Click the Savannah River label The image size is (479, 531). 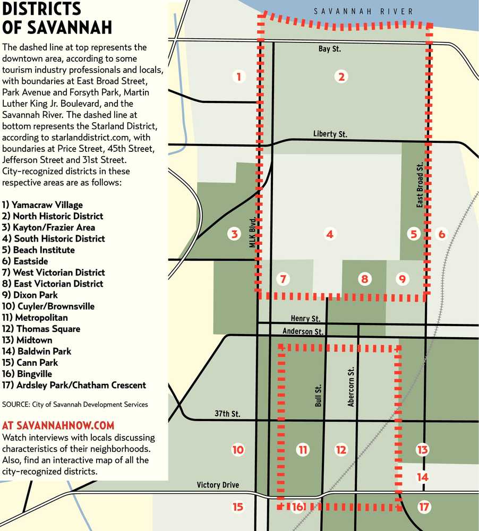click(363, 11)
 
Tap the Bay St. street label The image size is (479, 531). click(329, 49)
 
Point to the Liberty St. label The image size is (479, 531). click(330, 134)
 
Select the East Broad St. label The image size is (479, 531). click(420, 185)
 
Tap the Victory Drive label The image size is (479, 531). click(218, 485)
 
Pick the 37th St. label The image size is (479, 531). click(228, 414)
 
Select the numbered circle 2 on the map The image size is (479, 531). click(341, 76)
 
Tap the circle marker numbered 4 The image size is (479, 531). click(330, 234)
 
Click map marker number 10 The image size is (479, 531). click(238, 450)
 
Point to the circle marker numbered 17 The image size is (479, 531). click(423, 507)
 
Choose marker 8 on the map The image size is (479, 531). click(364, 278)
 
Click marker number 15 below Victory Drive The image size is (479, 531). click(238, 507)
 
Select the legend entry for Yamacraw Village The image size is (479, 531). click(42, 204)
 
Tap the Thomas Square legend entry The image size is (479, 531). click(41, 329)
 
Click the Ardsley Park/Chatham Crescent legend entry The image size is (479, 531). click(74, 385)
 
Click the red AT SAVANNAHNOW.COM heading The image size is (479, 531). click(58, 426)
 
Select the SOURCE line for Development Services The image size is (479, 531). click(75, 404)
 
